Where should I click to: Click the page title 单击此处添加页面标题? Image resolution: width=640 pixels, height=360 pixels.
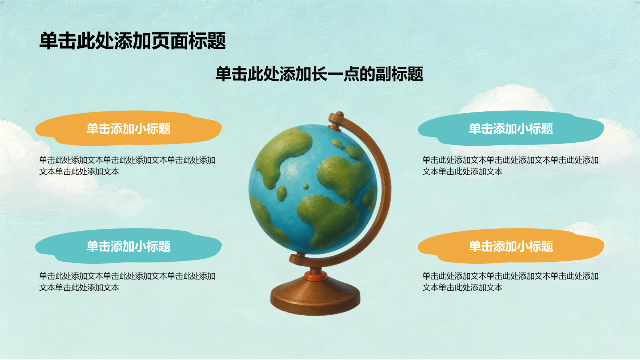[x=133, y=41]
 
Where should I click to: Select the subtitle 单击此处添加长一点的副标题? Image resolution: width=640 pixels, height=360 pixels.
[x=319, y=74]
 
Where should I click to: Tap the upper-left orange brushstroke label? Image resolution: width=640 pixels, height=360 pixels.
[x=128, y=128]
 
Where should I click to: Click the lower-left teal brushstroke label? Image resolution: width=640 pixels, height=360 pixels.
[x=128, y=246]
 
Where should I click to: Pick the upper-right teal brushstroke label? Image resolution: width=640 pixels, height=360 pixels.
[x=511, y=128]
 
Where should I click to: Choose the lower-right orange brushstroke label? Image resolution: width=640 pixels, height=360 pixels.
[x=511, y=246]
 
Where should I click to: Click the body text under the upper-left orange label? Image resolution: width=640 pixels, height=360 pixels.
[x=127, y=166]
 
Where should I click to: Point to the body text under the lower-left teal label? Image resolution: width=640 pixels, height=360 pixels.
[x=127, y=282]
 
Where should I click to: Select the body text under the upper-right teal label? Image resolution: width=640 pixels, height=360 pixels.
[x=510, y=166]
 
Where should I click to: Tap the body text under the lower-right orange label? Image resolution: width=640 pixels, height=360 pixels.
[x=510, y=282]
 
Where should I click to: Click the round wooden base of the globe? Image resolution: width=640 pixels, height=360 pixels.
[x=315, y=297]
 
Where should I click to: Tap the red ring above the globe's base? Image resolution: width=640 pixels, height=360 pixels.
[x=315, y=276]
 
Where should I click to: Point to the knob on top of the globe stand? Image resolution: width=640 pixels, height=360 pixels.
[x=339, y=114]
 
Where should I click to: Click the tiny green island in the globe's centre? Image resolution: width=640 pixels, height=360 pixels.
[x=306, y=187]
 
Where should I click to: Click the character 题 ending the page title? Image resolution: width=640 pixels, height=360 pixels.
[x=217, y=41]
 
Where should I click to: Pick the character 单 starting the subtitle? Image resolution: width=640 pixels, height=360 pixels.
[x=223, y=74]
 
